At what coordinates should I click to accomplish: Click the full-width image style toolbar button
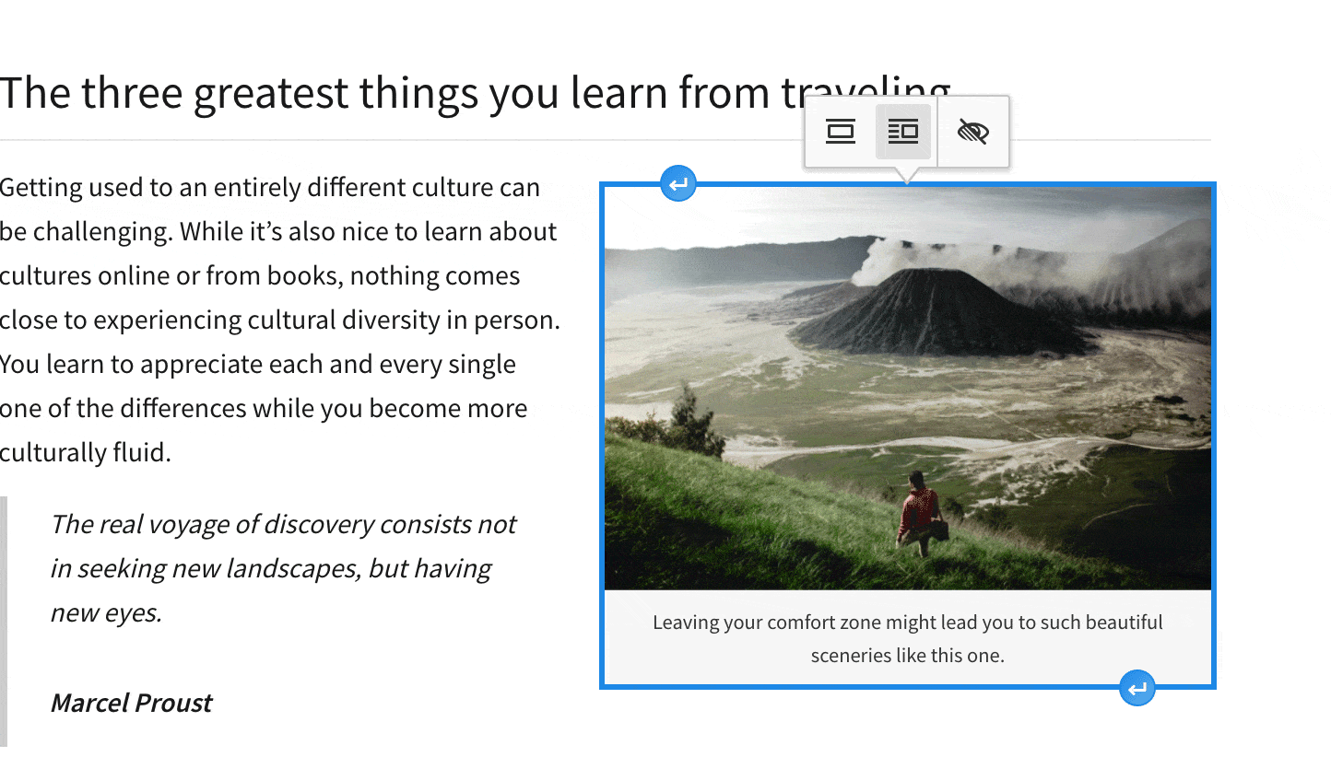pos(840,132)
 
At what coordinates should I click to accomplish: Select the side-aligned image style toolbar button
pos(902,132)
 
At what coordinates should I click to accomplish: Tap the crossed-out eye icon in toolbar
pos(972,132)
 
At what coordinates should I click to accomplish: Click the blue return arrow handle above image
pos(678,184)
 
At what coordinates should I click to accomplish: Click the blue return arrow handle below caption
pos(1137,688)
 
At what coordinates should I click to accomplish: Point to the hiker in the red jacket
pos(919,511)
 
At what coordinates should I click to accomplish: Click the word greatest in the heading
pos(271,94)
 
